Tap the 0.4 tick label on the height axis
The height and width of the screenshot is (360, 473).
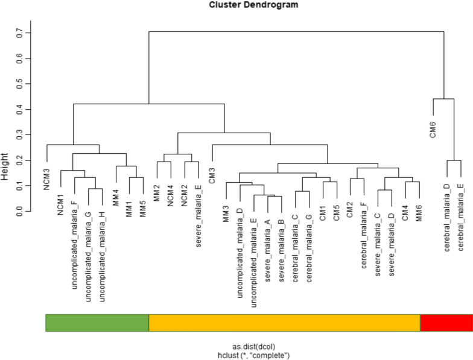[x=21, y=109]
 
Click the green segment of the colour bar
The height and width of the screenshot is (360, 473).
[x=97, y=323]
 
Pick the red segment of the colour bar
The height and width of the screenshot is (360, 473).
[x=446, y=323]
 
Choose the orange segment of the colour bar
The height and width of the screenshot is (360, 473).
[x=284, y=323]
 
